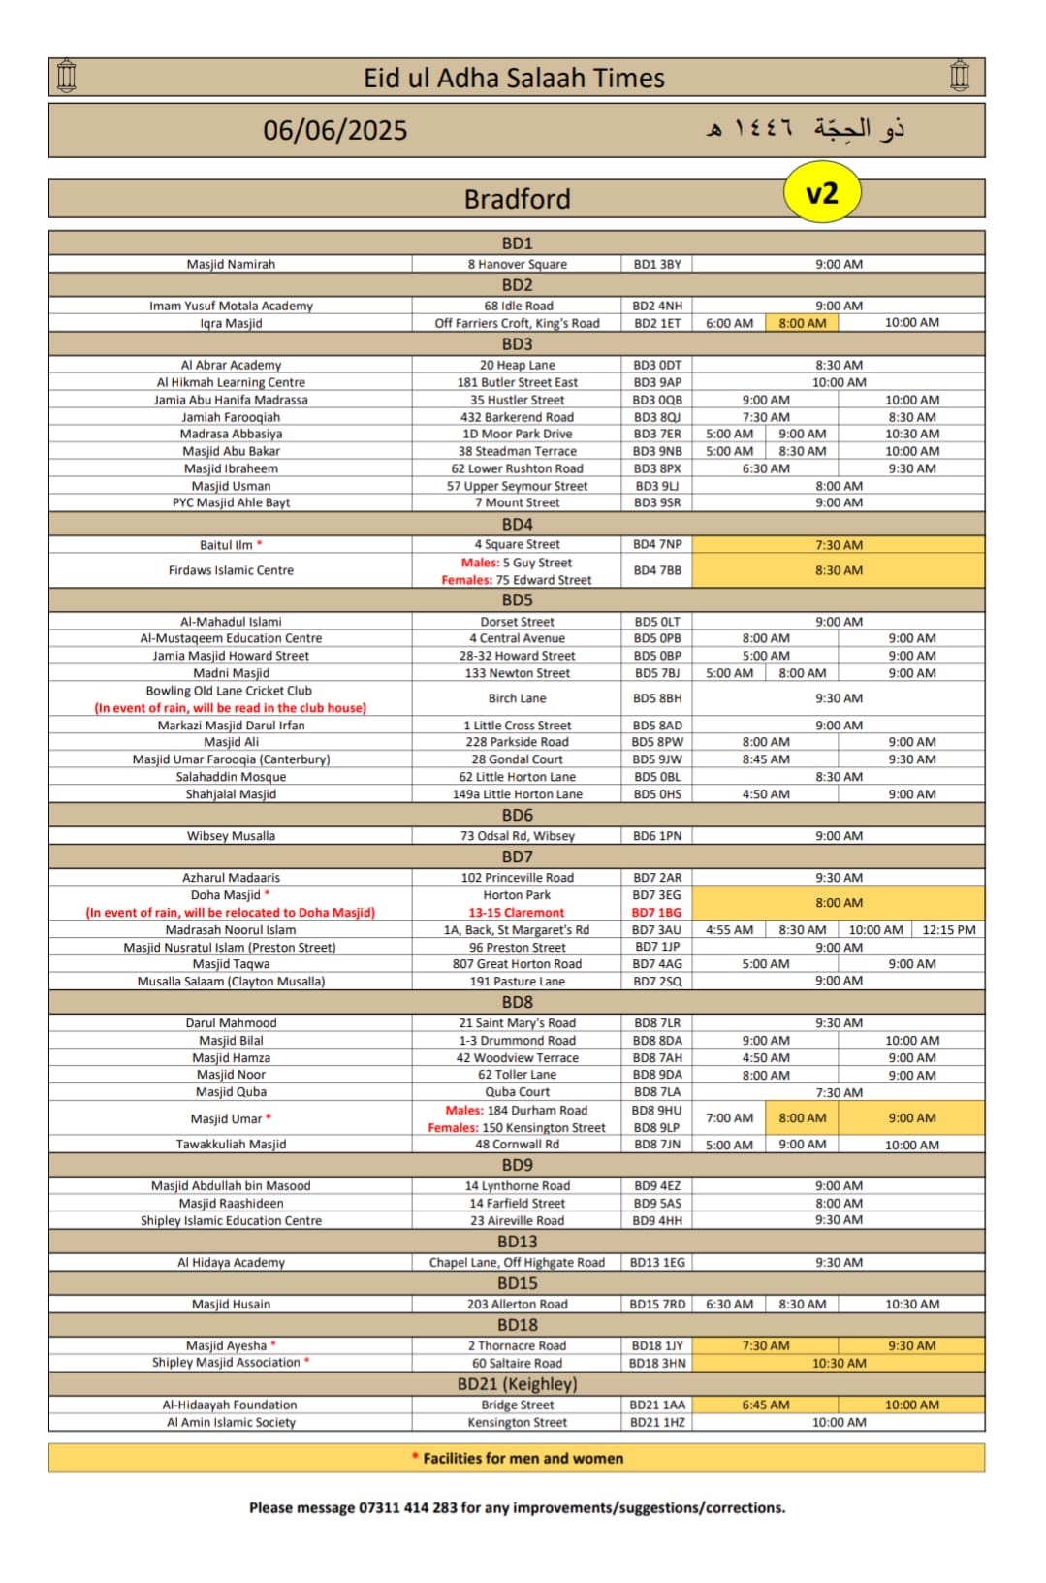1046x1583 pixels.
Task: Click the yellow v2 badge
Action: point(821,193)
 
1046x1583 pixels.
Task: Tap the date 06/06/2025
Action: point(335,130)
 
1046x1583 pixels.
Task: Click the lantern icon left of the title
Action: point(67,77)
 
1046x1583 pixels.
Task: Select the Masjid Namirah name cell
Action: point(231,264)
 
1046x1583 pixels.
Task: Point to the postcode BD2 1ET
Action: point(657,323)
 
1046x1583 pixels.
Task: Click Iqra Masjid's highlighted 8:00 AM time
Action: point(803,323)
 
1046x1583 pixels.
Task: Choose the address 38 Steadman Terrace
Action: point(517,451)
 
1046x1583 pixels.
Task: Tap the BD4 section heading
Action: point(517,524)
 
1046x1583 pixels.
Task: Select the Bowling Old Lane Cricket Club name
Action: point(230,691)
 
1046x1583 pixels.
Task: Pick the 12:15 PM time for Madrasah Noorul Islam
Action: point(948,929)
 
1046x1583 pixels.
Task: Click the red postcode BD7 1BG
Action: point(657,913)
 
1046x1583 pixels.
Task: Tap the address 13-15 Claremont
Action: point(517,913)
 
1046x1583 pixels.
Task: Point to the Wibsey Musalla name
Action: point(231,836)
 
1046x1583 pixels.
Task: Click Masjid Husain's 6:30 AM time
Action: point(729,1304)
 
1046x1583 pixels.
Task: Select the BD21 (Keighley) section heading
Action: point(517,1384)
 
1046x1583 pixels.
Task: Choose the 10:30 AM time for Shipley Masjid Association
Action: point(839,1363)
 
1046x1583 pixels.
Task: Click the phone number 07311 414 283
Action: point(407,1507)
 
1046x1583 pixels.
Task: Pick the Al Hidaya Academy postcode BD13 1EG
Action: point(657,1262)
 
